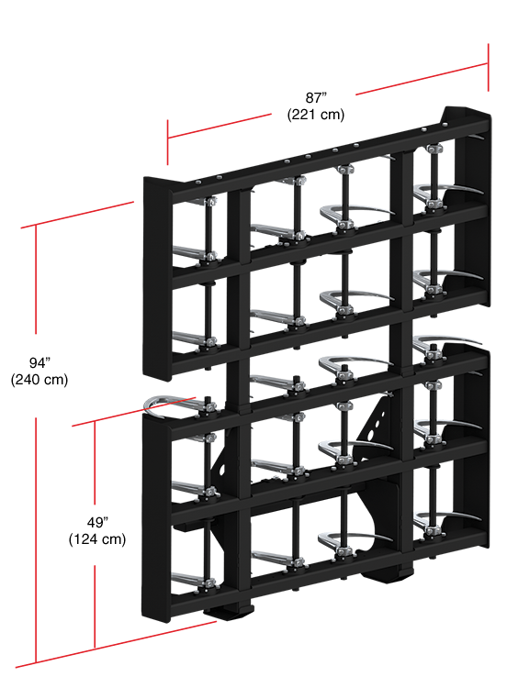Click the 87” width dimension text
click(x=316, y=97)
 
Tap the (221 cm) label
click(x=316, y=115)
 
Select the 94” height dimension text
click(x=39, y=363)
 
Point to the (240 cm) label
click(x=39, y=380)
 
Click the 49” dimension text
click(x=97, y=523)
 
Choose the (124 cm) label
click(x=97, y=539)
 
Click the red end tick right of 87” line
click(x=488, y=67)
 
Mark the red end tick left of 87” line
click(x=167, y=142)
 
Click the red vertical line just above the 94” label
click(x=36, y=279)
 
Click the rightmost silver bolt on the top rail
click(x=446, y=125)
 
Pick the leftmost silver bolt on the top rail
click(x=198, y=183)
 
